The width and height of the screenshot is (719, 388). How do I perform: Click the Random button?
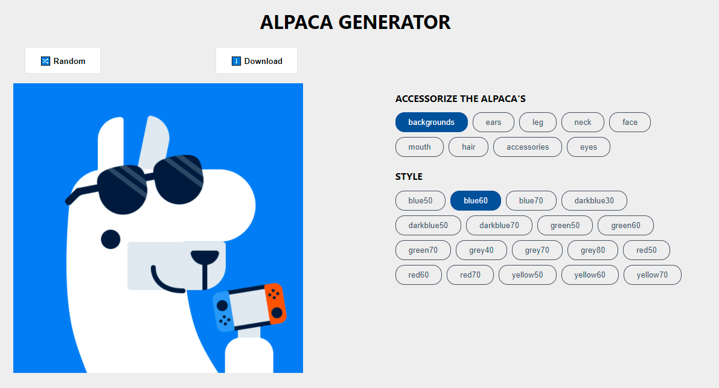[63, 61]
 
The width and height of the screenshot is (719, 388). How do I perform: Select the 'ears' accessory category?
[493, 122]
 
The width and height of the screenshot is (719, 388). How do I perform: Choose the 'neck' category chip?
[583, 122]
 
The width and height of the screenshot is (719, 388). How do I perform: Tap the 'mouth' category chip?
[420, 147]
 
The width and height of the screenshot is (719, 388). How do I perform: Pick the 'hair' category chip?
[468, 147]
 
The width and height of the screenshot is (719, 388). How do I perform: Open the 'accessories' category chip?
[528, 147]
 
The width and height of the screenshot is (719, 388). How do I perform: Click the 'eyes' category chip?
[589, 147]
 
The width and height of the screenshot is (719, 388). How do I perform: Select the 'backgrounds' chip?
[431, 122]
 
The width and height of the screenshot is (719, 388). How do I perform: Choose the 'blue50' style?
[420, 201]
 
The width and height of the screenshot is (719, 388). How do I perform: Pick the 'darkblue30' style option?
[594, 201]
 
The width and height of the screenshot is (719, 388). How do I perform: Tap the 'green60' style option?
[625, 226]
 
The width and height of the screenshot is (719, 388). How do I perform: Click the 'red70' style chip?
[470, 275]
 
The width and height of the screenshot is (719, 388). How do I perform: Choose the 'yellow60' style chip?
[590, 275]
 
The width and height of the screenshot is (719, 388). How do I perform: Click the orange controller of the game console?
[275, 304]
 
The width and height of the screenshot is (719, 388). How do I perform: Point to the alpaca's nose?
[205, 257]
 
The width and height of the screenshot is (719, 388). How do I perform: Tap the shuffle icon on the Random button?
[45, 61]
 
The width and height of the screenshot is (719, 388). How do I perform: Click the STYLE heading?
[409, 177]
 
